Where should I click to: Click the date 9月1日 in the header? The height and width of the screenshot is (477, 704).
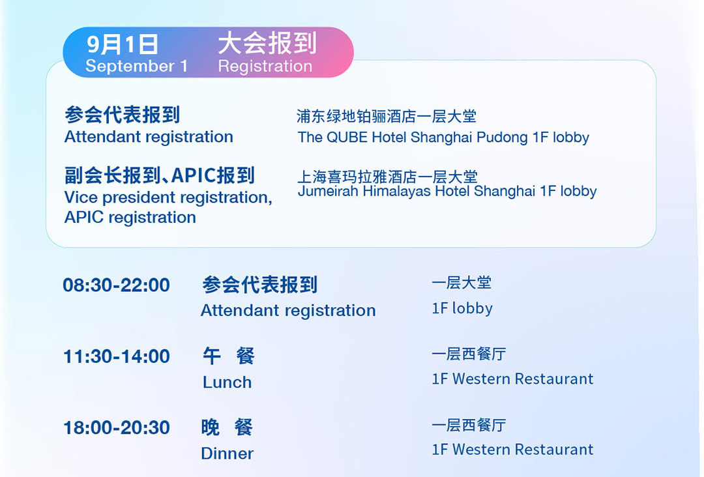click(122, 44)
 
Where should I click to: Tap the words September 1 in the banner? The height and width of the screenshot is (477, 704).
click(136, 66)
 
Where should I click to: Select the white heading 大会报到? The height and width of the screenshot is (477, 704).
click(268, 43)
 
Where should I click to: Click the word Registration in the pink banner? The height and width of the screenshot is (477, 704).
click(265, 66)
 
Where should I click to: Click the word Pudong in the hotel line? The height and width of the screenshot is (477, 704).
click(502, 137)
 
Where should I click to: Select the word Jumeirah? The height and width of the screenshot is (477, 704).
click(328, 191)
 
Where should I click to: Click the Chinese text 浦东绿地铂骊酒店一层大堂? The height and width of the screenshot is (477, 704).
click(387, 116)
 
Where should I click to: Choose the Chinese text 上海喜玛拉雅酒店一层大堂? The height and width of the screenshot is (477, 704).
click(387, 177)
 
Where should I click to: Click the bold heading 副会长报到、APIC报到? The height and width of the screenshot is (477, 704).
click(160, 175)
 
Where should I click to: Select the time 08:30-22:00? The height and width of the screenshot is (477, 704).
click(116, 285)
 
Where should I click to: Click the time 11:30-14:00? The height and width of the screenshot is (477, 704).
click(116, 356)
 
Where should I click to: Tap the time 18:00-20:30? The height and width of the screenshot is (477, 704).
click(116, 427)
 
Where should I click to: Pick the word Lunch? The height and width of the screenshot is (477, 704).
click(227, 383)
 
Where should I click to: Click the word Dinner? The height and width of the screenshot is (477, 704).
click(227, 454)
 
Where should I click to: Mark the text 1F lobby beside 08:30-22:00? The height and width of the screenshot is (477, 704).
click(462, 308)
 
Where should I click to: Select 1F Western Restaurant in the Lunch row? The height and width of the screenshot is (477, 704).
click(512, 379)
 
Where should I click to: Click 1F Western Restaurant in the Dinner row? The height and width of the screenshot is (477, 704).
click(512, 449)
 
